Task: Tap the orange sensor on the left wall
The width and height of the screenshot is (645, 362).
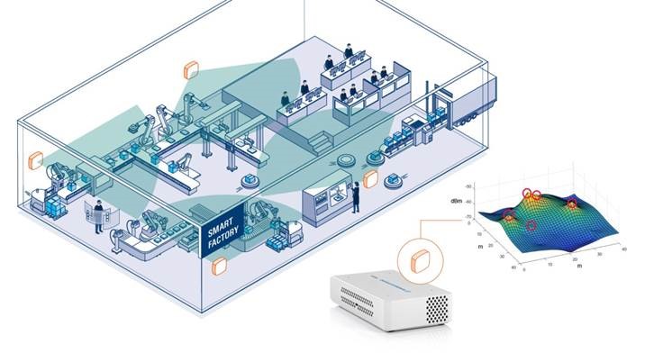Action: tap(35, 160)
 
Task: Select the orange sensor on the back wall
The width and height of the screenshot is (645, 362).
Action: tap(190, 69)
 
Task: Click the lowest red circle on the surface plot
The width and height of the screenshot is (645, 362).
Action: tap(531, 225)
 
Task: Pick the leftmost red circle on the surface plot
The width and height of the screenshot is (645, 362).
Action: tap(509, 214)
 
